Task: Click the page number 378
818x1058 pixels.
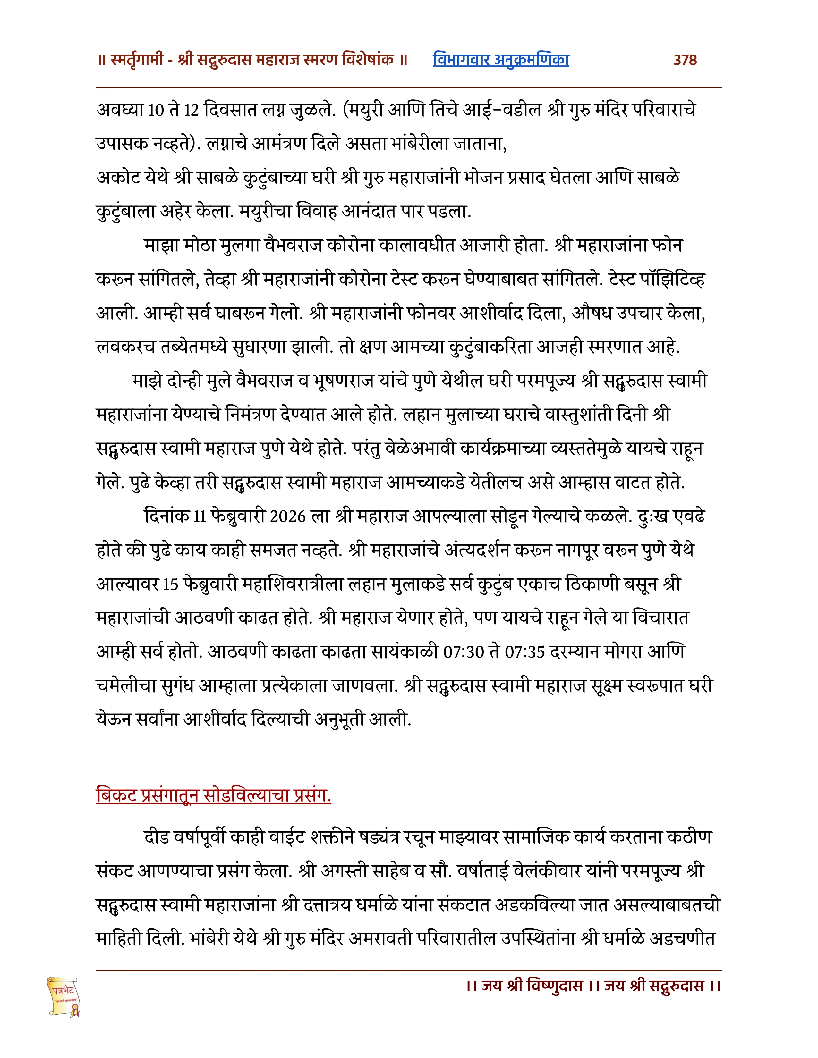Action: coord(685,60)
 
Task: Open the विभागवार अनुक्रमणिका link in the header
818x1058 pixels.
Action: coord(501,60)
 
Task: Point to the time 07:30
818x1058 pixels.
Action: coord(464,652)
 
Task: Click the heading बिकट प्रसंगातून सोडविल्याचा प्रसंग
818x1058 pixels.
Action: coord(214,795)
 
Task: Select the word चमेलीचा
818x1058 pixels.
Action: coord(126,686)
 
